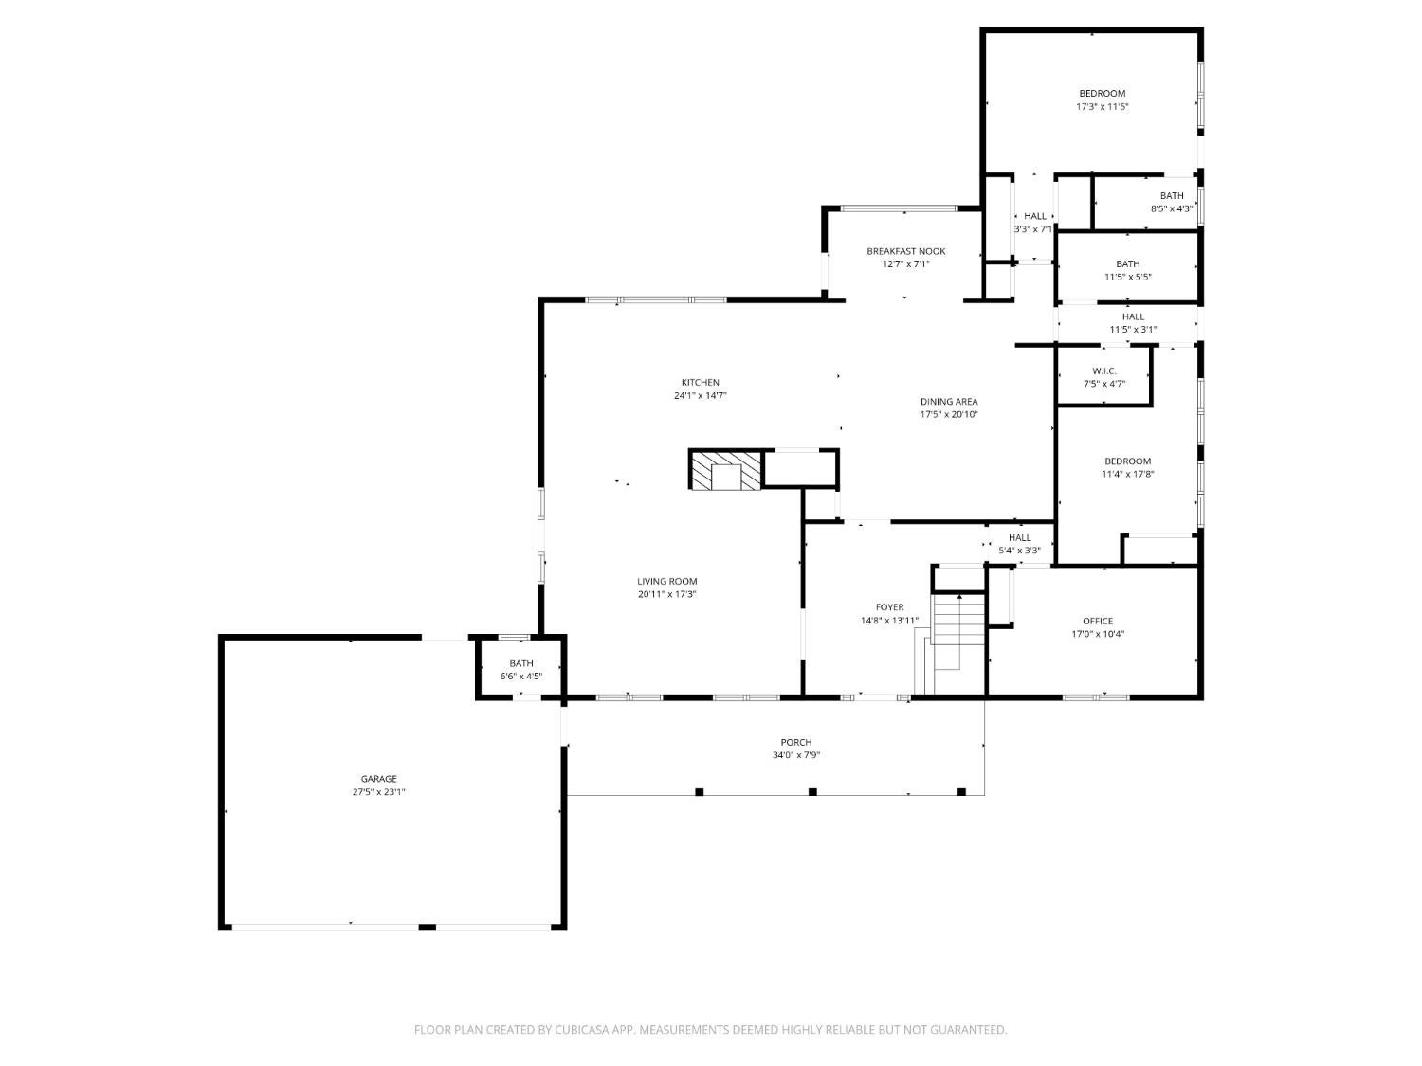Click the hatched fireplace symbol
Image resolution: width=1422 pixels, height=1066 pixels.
pos(725,470)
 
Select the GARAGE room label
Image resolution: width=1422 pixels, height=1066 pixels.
pos(378,779)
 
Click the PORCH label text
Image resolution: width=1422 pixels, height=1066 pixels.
pos(795,742)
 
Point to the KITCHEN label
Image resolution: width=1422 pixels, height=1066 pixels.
pos(700,382)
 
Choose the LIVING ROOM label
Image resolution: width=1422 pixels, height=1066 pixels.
pos(666,581)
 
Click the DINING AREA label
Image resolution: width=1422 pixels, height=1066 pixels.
pos(948,401)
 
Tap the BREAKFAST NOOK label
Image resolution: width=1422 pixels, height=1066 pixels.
pos(905,250)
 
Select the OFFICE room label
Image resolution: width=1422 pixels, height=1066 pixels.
pos(1098,621)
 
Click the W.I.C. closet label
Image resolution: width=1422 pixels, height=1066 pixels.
pos(1103,370)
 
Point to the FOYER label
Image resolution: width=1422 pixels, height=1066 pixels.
pos(889,607)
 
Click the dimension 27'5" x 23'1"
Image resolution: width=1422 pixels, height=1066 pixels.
pos(378,791)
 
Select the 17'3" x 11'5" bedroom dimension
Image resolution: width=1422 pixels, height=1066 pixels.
pos(1102,106)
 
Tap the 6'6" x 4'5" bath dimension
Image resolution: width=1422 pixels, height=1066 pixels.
pos(520,676)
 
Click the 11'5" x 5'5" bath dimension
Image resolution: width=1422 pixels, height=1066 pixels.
pos(1128,277)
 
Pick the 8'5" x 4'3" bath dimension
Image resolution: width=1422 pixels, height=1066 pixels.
pos(1172,208)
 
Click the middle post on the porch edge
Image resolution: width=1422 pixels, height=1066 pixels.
pos(812,791)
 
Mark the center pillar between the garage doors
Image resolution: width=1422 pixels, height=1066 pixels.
pos(427,928)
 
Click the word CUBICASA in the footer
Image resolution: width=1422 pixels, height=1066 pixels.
pos(582,1029)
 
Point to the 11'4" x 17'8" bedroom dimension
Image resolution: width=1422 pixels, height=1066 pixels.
pos(1127,474)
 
